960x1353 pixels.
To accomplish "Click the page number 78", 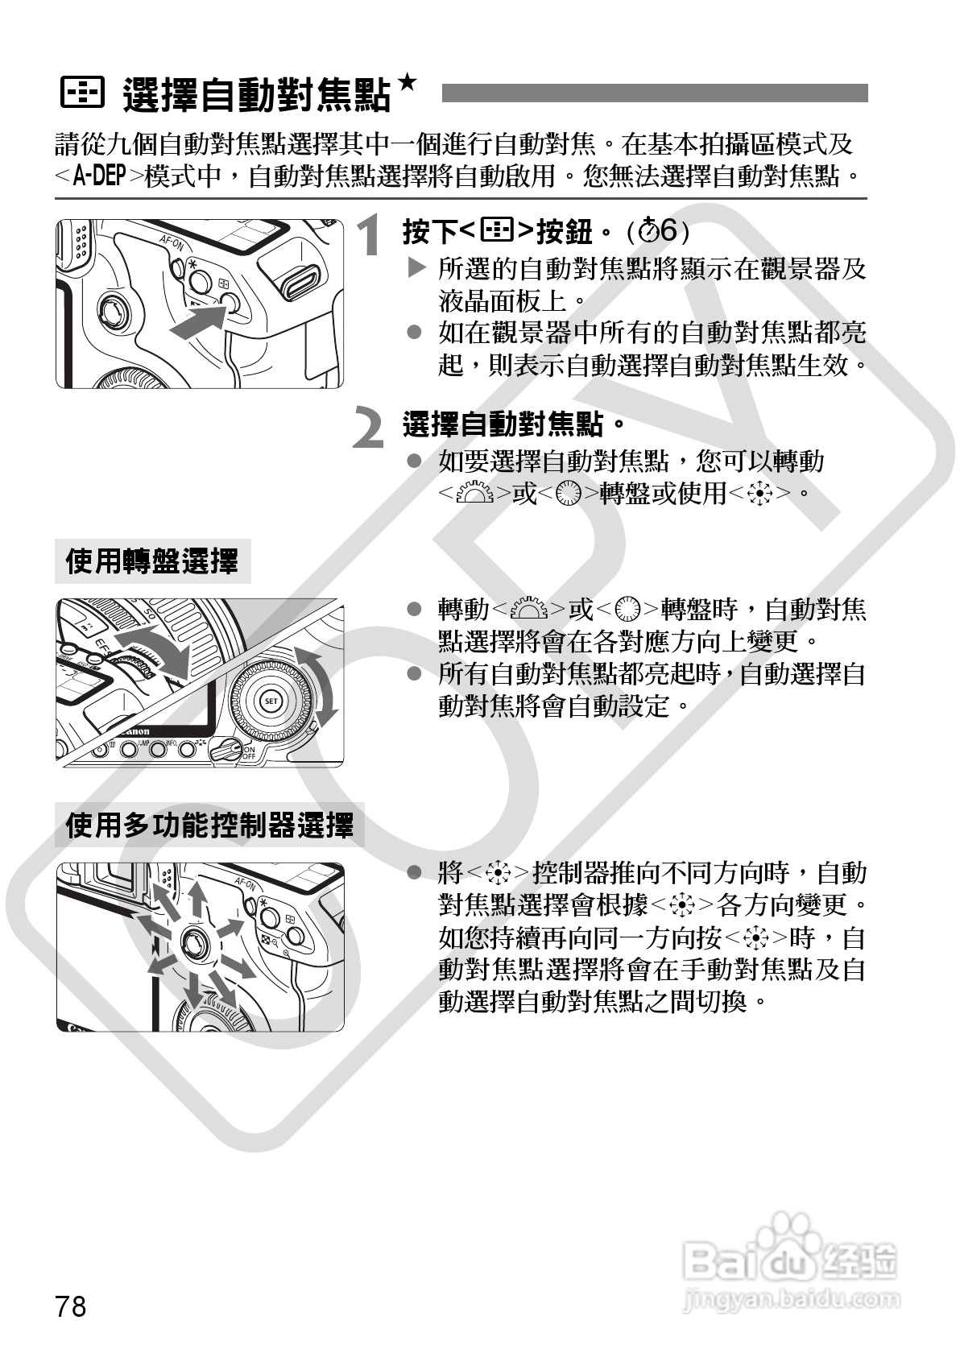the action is [x=71, y=1306].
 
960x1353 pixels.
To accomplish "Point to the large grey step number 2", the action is [x=368, y=427].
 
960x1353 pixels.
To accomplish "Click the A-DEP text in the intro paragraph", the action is [x=100, y=176].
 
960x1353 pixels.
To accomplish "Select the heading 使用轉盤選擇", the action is [x=151, y=561].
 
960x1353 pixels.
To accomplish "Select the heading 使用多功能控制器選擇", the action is [x=209, y=825].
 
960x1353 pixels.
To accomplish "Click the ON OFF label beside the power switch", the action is [x=249, y=752].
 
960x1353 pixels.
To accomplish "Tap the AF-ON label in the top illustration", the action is [x=172, y=242].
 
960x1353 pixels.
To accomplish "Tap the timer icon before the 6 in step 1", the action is [x=649, y=230].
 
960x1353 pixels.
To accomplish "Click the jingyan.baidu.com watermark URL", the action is [x=791, y=1298].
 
